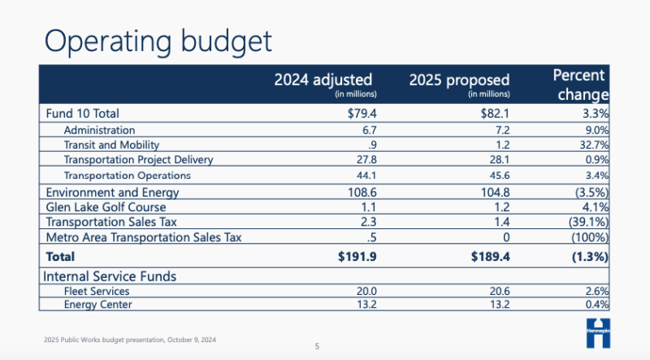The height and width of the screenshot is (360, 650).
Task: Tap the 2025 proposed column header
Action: [x=460, y=80]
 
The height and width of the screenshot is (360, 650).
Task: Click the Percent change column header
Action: [x=578, y=85]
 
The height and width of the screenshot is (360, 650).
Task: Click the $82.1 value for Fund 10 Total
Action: [x=492, y=114]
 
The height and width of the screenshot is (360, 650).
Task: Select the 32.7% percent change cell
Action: [x=591, y=145]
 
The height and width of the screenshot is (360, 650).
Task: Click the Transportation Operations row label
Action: [x=128, y=176]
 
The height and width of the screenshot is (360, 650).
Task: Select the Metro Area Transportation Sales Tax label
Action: [x=144, y=237]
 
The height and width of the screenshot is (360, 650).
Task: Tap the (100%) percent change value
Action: [x=589, y=237]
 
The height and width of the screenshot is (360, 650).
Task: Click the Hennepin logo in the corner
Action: [x=597, y=333]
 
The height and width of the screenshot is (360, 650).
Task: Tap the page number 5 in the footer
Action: [x=318, y=347]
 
